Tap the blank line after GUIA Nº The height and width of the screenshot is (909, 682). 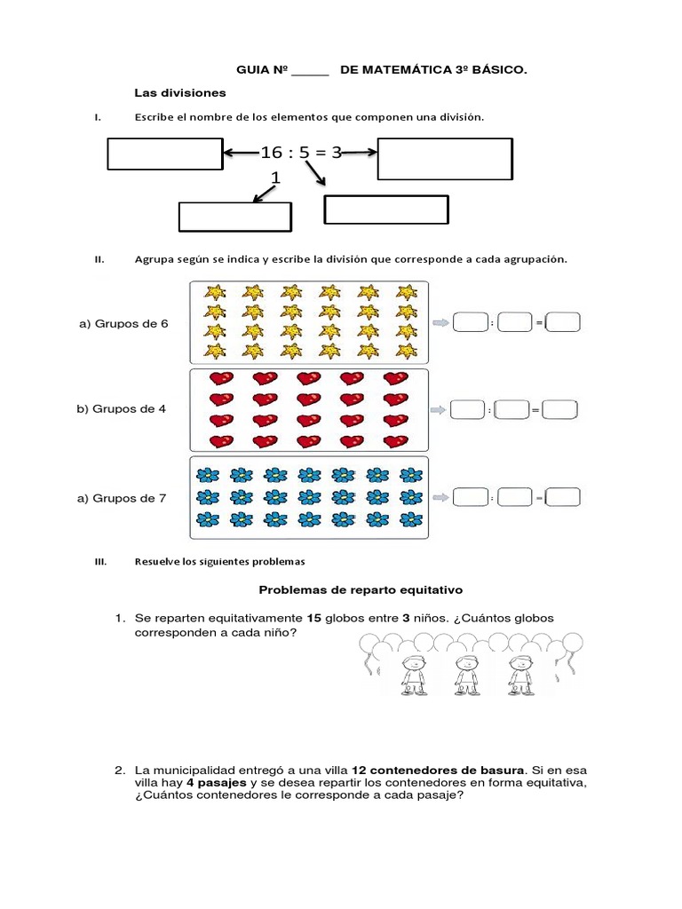coord(310,70)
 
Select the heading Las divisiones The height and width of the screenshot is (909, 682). coord(180,92)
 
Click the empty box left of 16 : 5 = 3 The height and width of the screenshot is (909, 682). coord(164,154)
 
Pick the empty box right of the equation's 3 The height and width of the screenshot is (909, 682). coord(445,158)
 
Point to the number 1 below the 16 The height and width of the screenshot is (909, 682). coord(275,178)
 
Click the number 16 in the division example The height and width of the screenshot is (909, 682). coord(270,153)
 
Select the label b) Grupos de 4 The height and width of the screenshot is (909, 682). coord(122,409)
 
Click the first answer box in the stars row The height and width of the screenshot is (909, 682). coord(470,323)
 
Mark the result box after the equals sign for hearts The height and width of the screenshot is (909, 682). coord(560,410)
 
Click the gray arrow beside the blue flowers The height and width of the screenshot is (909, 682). coord(440,498)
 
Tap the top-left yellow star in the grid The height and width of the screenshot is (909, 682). coord(215,292)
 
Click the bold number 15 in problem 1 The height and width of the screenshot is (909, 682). coord(313,617)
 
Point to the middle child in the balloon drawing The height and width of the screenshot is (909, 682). coord(463,673)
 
